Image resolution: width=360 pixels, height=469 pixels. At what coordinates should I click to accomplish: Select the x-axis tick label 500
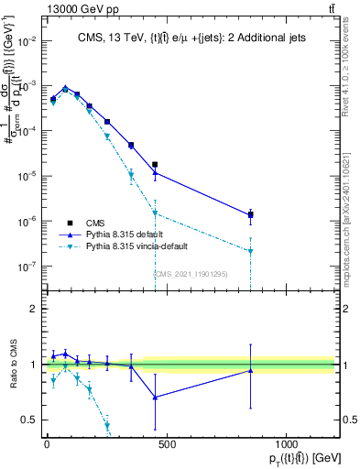167,443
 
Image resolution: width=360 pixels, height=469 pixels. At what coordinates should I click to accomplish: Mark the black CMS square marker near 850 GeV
250,215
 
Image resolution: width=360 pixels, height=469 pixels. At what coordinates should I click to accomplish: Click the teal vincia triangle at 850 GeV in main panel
250,251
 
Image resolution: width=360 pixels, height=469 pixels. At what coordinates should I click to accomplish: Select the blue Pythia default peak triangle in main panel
65,88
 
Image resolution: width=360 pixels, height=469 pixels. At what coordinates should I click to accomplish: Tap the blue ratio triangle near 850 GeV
250,371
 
